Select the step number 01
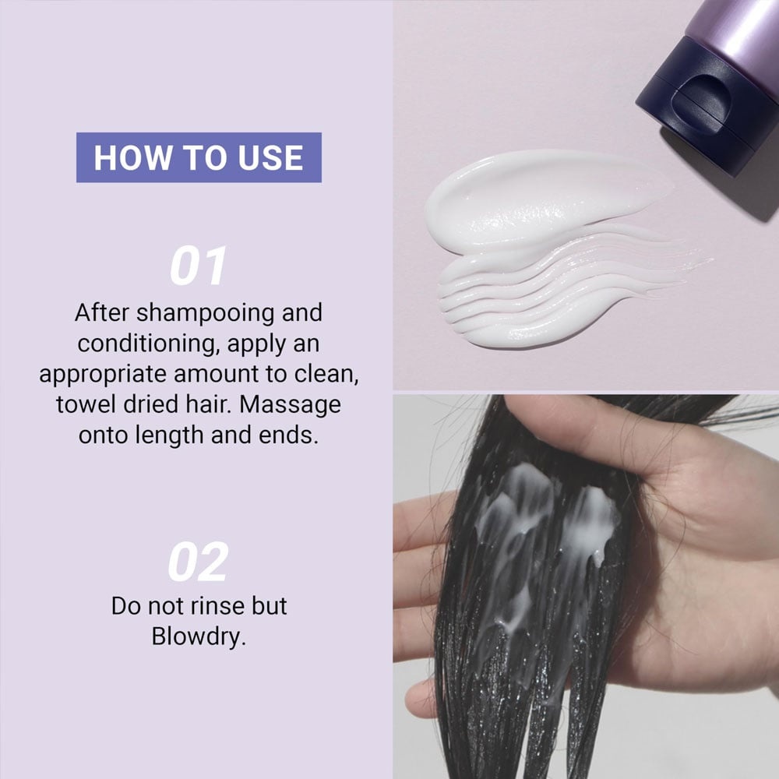[x=198, y=266]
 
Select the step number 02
[x=198, y=562]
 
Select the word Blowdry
[x=198, y=636]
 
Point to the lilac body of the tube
[x=735, y=30]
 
